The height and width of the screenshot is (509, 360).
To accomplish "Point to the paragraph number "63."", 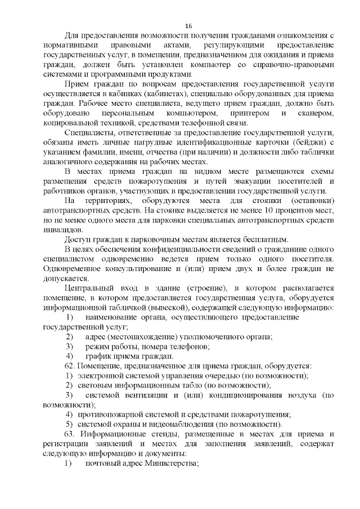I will pos(70,434).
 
